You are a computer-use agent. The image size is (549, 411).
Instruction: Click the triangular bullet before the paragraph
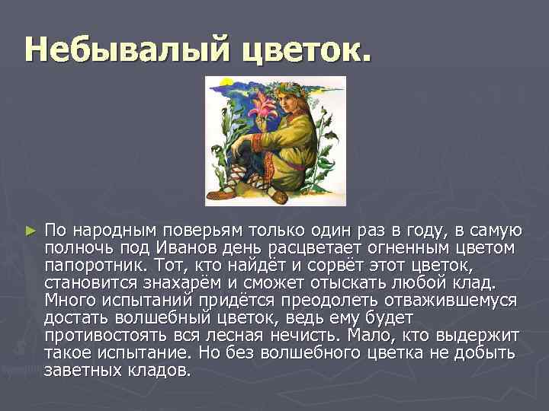point(30,230)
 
